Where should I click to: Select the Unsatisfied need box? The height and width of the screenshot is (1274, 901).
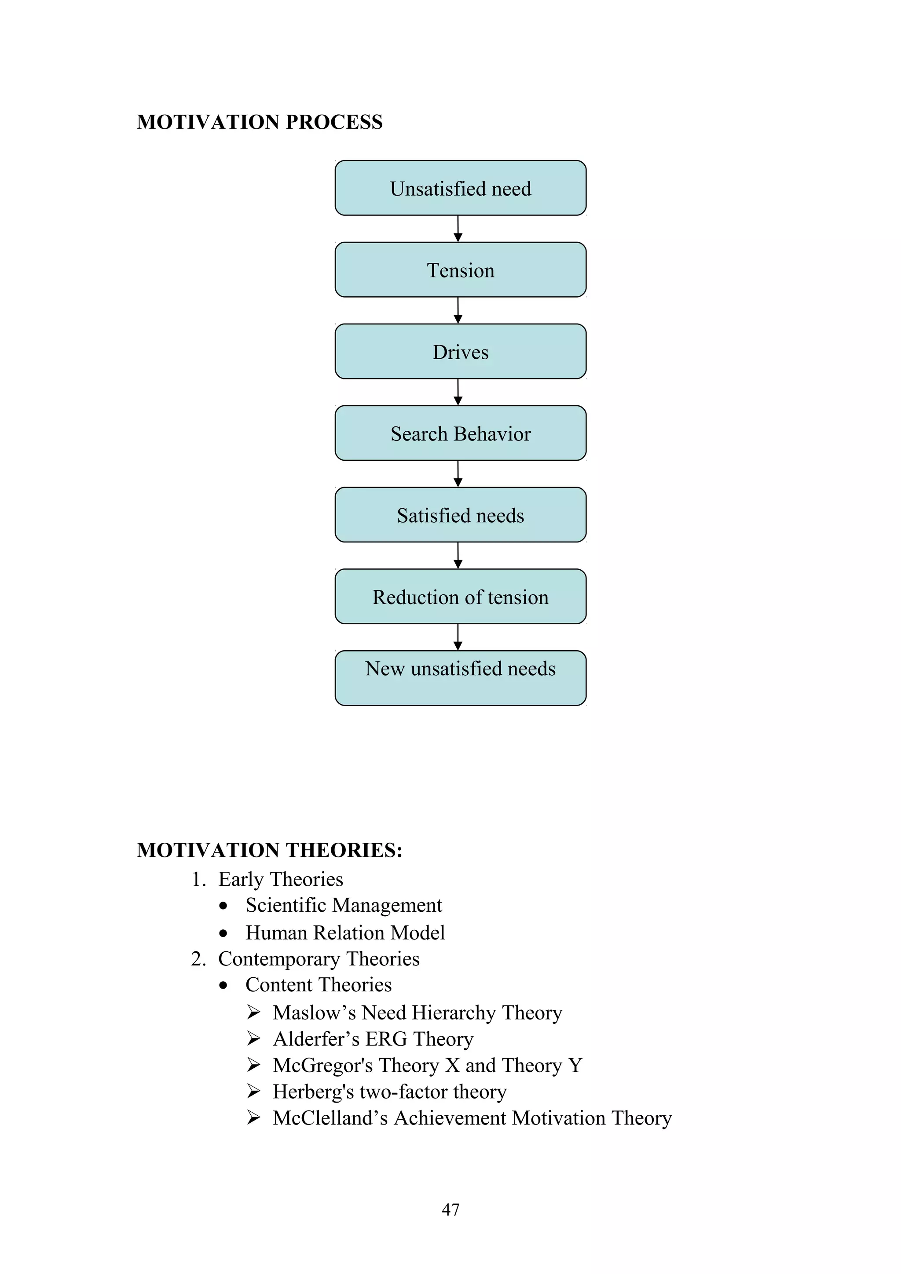460,188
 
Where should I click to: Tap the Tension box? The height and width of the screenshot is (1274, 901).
460,269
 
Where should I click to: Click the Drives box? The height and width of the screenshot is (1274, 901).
460,351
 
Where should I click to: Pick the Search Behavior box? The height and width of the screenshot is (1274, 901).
460,433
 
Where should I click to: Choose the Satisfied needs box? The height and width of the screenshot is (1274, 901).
460,514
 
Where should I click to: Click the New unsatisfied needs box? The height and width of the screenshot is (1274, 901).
460,677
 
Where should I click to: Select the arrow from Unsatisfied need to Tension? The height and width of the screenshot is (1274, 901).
458,229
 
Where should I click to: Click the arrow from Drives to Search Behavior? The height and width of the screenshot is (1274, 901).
458,392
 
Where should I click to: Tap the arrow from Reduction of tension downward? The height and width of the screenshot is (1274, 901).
458,637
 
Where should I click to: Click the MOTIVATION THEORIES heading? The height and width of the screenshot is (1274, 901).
269,850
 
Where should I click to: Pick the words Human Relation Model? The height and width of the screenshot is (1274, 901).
345,933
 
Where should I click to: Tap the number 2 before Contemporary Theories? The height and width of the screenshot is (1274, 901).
197,959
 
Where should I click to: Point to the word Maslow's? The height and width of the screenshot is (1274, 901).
314,1013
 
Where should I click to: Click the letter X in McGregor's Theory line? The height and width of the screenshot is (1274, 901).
452,1065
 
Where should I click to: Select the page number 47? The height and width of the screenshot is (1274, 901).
450,1210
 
